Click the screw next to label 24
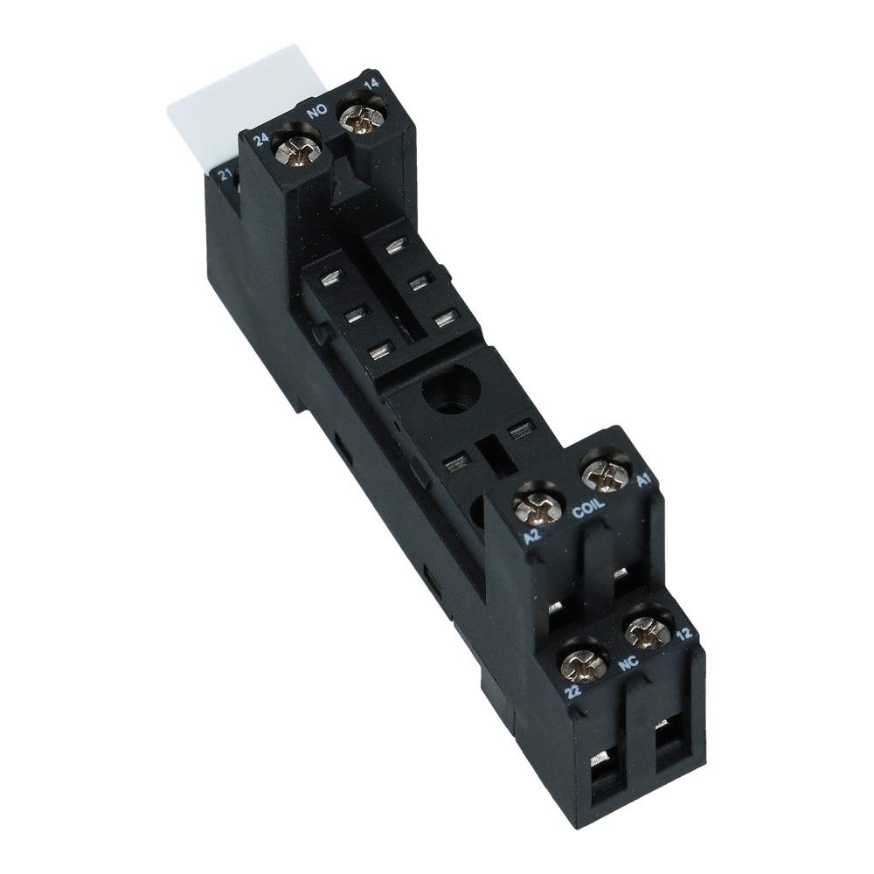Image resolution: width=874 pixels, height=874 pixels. pyautogui.click(x=297, y=150)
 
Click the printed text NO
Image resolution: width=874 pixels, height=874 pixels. pyautogui.click(x=318, y=112)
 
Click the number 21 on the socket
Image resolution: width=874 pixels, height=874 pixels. pyautogui.click(x=225, y=176)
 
